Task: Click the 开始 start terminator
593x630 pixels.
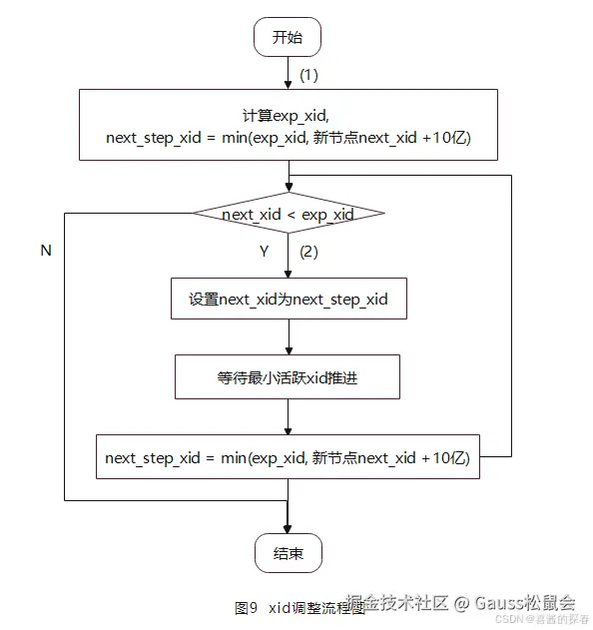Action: click(x=288, y=38)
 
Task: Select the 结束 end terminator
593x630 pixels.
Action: click(x=288, y=553)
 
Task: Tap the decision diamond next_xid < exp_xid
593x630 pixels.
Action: click(x=288, y=214)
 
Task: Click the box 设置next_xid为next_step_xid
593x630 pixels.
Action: click(x=288, y=299)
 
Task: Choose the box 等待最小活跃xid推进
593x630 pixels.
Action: click(x=288, y=377)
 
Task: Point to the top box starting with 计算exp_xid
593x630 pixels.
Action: click(x=288, y=125)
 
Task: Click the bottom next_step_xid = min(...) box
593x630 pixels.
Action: click(x=288, y=458)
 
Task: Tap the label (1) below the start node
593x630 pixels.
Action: click(x=308, y=75)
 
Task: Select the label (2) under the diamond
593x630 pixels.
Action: click(x=308, y=252)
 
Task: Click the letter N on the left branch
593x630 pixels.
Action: click(x=45, y=252)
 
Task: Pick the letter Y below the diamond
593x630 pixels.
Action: click(x=265, y=252)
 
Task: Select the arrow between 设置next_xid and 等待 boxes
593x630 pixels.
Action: click(x=288, y=336)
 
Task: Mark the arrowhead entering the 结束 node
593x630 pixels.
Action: click(x=288, y=529)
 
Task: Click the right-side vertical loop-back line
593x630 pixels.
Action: click(x=511, y=319)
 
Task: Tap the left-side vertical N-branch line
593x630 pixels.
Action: click(x=64, y=359)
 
